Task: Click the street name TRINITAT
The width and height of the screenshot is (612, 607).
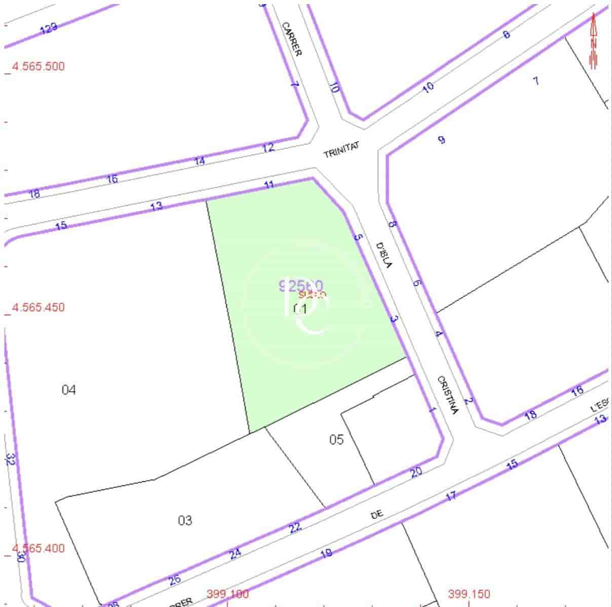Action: coord(341,150)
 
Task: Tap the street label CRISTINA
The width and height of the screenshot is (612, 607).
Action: coord(448,395)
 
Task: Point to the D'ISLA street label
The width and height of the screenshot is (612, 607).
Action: coord(385,255)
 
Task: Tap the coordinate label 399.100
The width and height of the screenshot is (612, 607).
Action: coord(227,594)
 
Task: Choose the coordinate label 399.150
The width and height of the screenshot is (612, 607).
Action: coord(469,593)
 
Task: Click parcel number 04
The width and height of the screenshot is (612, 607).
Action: coord(68,390)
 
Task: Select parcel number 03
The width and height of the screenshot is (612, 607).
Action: coord(185,520)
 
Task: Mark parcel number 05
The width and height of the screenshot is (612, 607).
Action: coord(336,439)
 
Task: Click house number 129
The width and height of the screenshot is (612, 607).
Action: coord(49,28)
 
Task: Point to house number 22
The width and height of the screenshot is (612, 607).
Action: coord(295,528)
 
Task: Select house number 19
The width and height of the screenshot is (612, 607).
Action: coord(327,553)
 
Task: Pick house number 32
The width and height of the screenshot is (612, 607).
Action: coord(11,460)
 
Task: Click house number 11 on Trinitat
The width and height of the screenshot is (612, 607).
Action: coord(270,185)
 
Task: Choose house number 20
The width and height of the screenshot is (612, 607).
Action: coord(416,472)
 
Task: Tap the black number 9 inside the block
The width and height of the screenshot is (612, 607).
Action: coord(441,140)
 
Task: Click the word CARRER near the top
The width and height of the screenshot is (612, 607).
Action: coord(291,39)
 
